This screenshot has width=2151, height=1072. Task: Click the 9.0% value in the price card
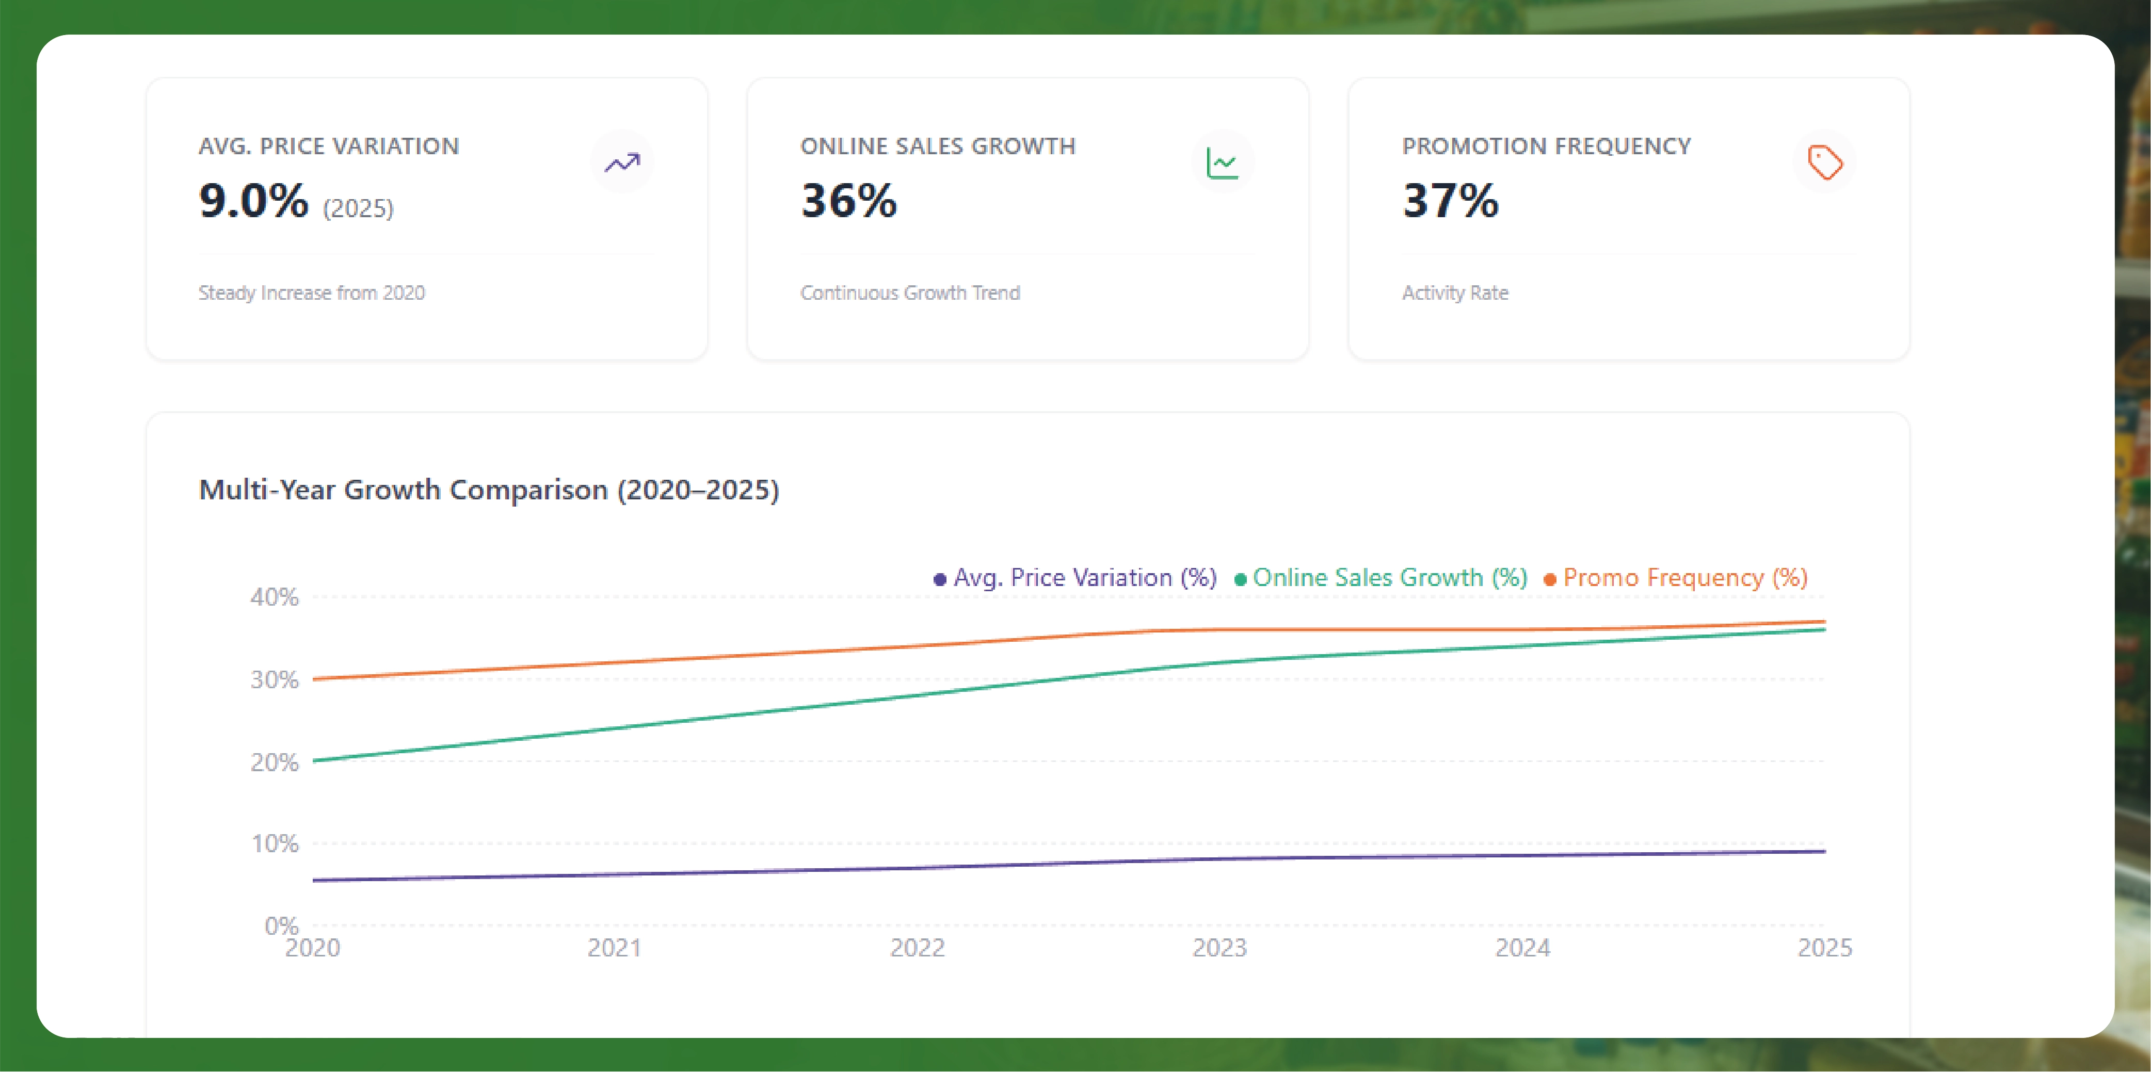click(253, 201)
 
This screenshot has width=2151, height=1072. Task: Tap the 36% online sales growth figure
click(848, 201)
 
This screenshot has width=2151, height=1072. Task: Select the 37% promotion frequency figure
click(1450, 201)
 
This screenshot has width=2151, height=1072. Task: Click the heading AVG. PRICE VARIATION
click(328, 146)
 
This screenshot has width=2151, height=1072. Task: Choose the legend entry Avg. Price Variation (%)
click(1083, 578)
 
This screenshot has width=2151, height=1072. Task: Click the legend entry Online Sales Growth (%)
click(1389, 578)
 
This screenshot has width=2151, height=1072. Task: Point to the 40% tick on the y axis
click(274, 597)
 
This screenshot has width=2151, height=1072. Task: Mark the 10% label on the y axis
click(275, 843)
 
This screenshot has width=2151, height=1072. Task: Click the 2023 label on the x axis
click(1219, 948)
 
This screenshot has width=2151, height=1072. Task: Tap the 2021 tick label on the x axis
click(614, 948)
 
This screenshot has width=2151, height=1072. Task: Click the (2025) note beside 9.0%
click(358, 208)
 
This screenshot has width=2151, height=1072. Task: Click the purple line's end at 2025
click(1824, 852)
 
